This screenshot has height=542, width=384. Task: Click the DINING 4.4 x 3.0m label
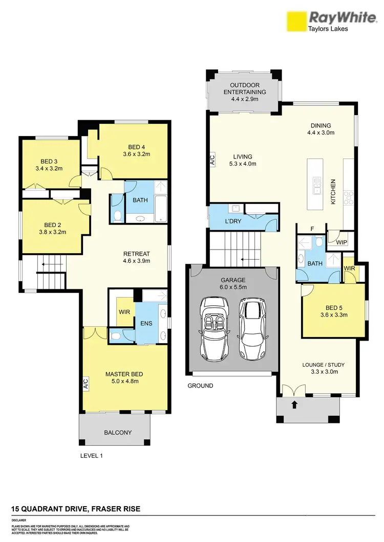[321, 129]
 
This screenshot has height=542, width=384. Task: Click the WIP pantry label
[342, 242]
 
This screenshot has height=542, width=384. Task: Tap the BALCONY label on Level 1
[118, 433]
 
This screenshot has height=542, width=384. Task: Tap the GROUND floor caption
[200, 386]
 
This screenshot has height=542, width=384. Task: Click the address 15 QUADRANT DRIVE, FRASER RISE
[76, 509]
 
